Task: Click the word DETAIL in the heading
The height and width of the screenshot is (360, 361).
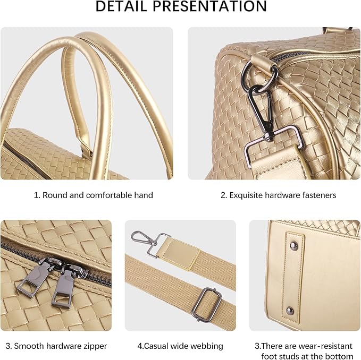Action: pos(121,6)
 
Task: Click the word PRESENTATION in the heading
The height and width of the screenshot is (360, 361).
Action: pos(209,6)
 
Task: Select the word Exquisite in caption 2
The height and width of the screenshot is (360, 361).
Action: pos(246,195)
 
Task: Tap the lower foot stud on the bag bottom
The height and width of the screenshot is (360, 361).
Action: pos(290,311)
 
